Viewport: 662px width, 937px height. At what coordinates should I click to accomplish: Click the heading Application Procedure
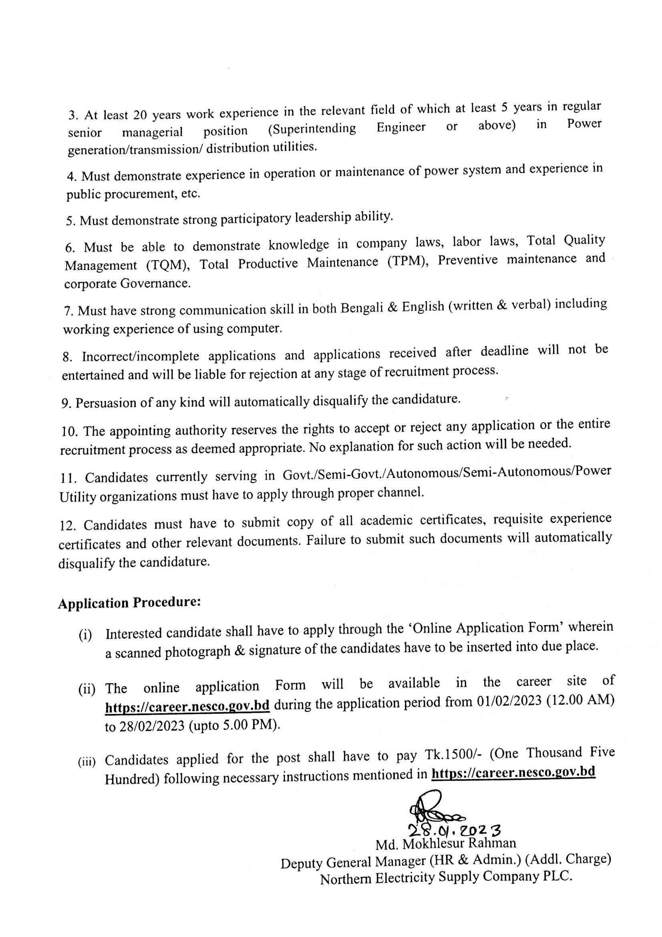(x=129, y=603)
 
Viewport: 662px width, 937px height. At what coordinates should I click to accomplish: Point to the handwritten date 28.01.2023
(x=455, y=830)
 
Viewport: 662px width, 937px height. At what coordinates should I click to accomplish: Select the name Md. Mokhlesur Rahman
(x=445, y=844)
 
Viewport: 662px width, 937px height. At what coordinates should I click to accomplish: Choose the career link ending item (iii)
(x=513, y=772)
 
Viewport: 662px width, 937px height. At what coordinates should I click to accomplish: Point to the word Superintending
(x=312, y=129)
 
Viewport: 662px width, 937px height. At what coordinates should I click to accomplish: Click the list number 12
(x=68, y=525)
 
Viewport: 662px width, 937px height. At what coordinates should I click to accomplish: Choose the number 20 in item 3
(x=140, y=115)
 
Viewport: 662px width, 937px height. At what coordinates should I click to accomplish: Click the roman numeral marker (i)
(x=85, y=635)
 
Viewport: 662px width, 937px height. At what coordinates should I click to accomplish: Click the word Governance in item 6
(x=155, y=283)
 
